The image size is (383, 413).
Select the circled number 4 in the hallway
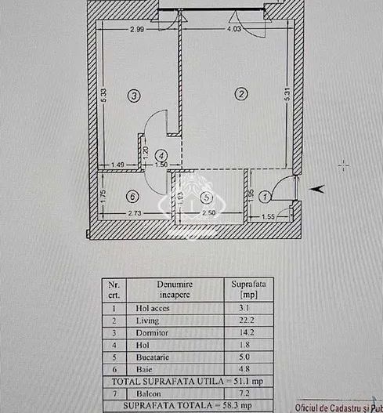click(x=161, y=156)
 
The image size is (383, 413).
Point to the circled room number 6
click(x=133, y=196)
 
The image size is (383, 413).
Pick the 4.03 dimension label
click(x=233, y=30)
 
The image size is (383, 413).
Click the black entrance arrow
click(x=319, y=188)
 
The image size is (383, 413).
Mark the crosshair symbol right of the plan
click(x=343, y=165)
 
